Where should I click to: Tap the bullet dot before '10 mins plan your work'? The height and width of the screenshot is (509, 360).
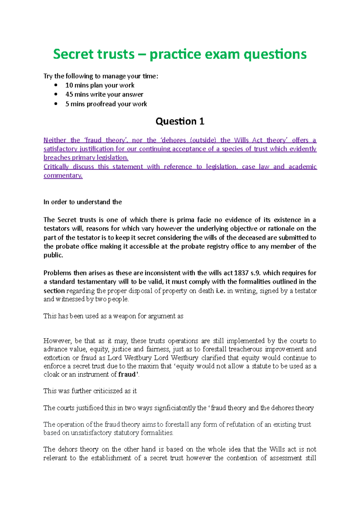pos(56,85)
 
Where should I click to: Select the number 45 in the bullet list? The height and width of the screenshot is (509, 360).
pos(69,94)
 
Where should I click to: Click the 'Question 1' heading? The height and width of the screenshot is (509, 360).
pos(180,121)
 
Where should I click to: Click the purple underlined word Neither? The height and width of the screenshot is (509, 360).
pos(55,140)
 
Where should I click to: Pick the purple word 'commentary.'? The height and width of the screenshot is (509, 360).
pos(63,176)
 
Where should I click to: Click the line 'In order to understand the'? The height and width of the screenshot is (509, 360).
pos(82,202)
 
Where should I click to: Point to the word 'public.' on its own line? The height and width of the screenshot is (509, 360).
pos(53,255)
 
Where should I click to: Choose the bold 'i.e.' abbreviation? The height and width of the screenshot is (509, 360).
pos(220,291)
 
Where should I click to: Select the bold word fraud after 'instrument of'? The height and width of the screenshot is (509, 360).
pos(127,375)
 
